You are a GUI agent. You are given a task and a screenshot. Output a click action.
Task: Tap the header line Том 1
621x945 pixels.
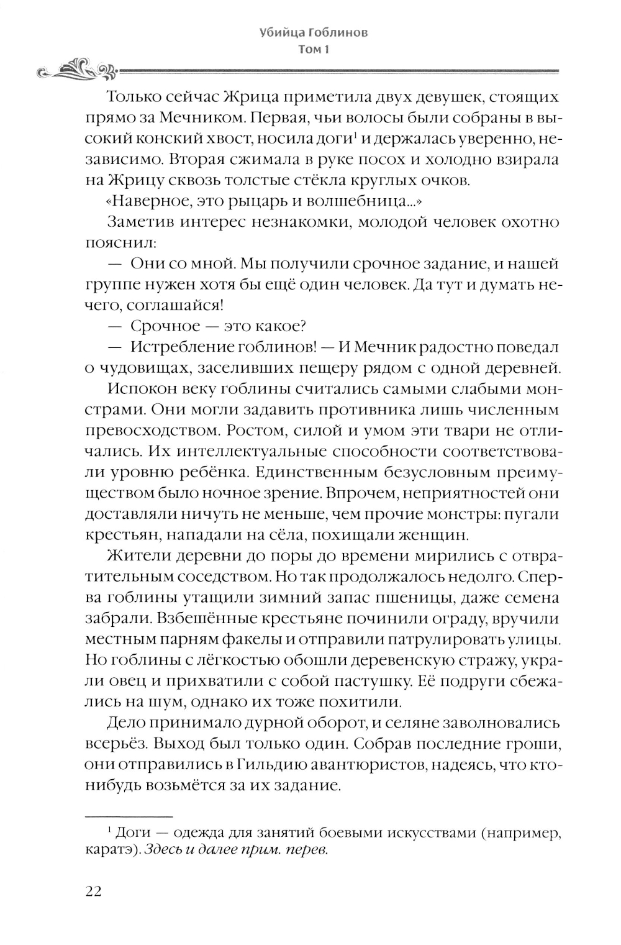(313, 50)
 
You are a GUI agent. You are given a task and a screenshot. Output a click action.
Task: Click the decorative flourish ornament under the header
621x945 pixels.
(76, 71)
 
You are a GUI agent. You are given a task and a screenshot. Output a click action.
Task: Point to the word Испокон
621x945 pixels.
(142, 389)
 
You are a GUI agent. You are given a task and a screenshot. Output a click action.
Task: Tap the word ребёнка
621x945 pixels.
(251, 472)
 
